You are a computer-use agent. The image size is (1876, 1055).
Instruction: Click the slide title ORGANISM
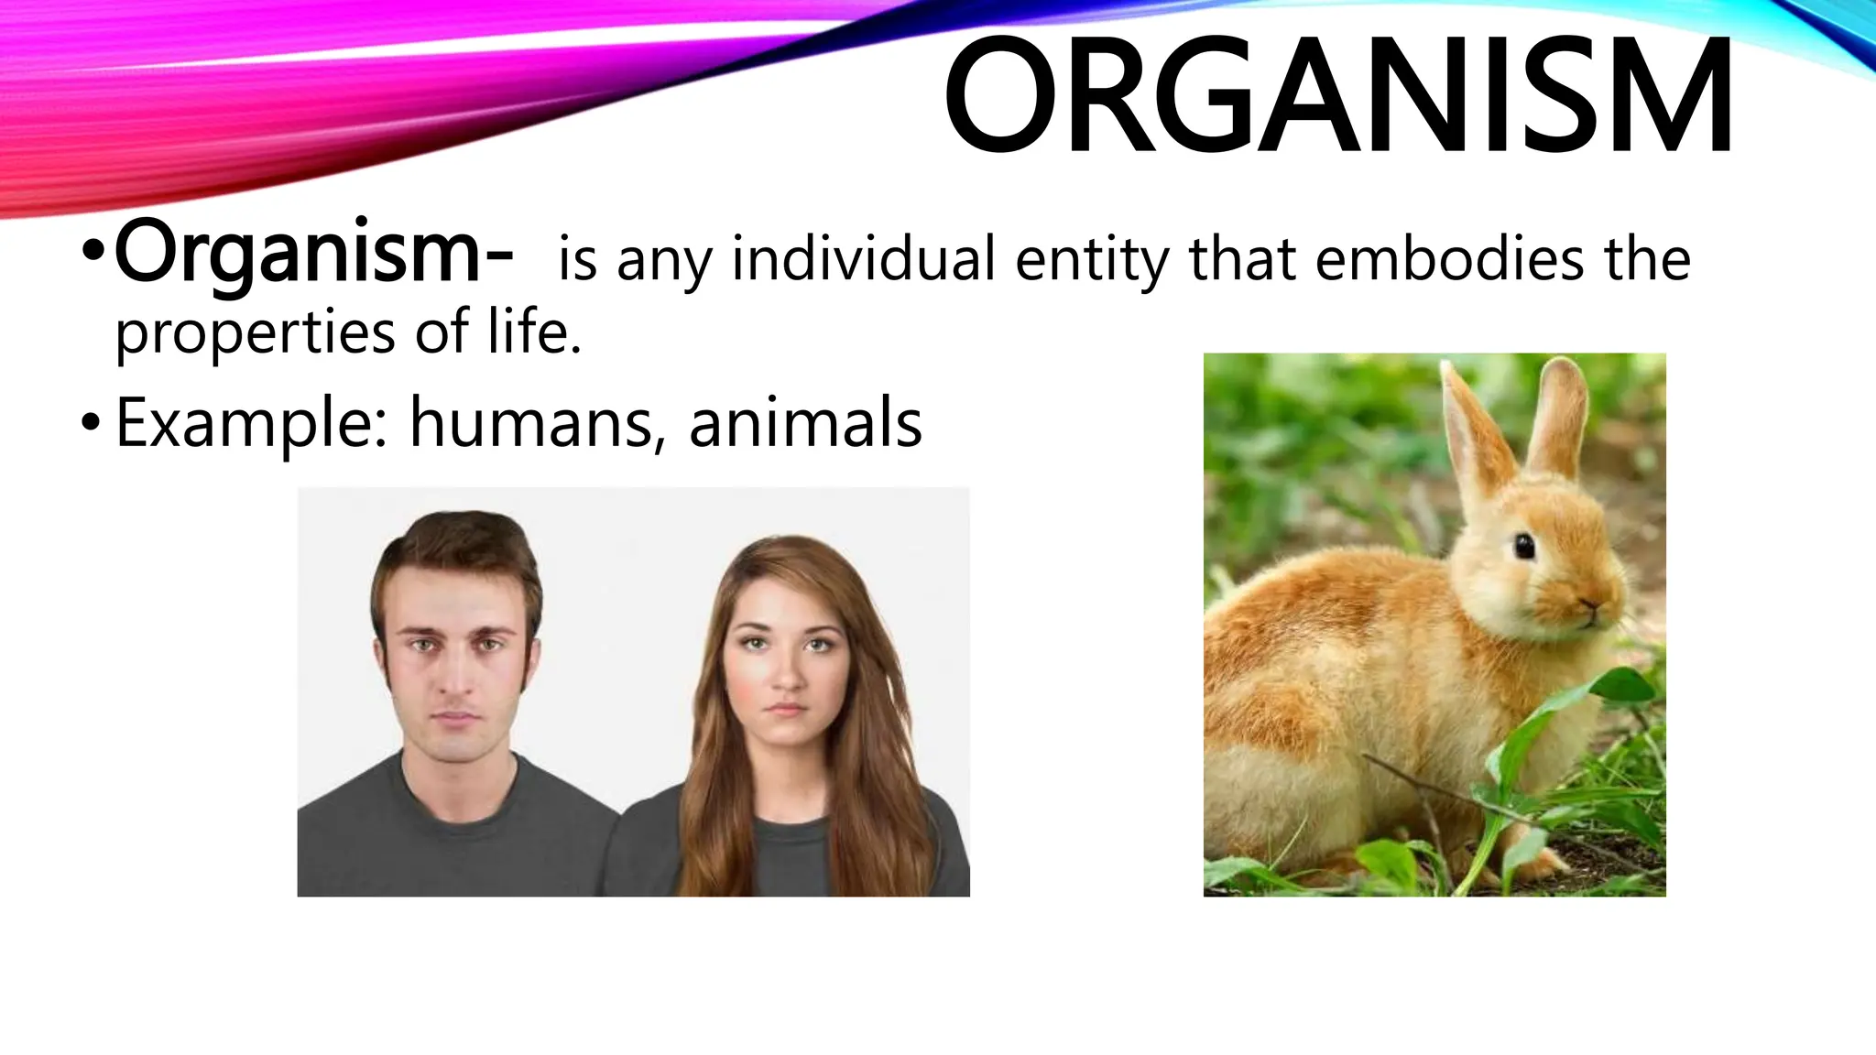click(1337, 96)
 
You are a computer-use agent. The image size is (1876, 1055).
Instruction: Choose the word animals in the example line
click(805, 424)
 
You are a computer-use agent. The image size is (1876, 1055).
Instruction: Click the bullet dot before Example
click(89, 423)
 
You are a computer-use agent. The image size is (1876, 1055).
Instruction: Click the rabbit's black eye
click(1523, 547)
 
